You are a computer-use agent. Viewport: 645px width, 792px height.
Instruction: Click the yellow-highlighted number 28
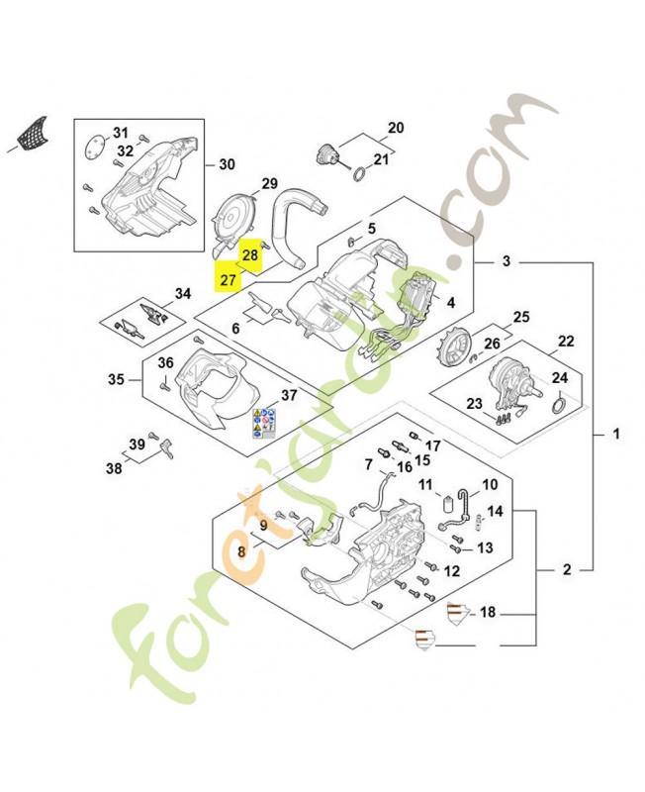(x=250, y=255)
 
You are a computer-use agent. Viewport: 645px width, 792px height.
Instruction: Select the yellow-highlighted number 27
(x=229, y=279)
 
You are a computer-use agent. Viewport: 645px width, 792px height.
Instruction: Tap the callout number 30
(x=227, y=164)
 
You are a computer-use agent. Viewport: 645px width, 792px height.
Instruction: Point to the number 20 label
(x=396, y=128)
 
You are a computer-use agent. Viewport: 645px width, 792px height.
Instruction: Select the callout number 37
(x=289, y=396)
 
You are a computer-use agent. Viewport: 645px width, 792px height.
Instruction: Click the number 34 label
(x=182, y=293)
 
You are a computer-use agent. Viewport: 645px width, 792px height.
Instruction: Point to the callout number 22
(x=566, y=342)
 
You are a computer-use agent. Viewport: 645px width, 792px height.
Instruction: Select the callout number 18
(x=488, y=613)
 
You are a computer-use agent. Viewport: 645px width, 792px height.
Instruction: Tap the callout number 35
(x=117, y=380)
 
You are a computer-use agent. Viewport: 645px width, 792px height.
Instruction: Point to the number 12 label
(x=451, y=571)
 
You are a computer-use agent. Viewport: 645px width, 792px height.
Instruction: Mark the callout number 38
(x=115, y=467)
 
